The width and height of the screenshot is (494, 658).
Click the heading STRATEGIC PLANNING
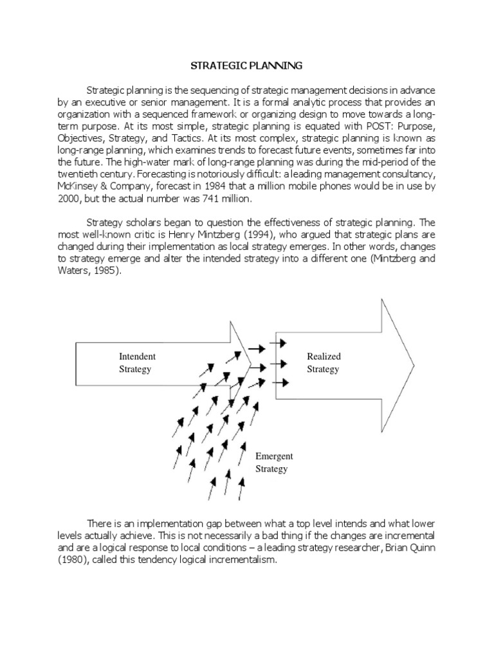coord(247,66)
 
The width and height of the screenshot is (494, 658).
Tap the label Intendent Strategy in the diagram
coord(136,362)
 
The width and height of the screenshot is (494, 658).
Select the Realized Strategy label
coord(324,362)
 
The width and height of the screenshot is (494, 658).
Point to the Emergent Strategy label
coord(274,462)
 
